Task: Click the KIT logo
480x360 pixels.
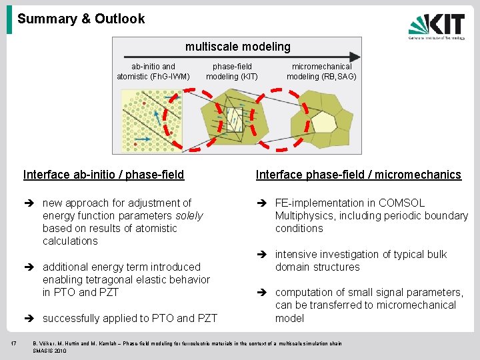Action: coord(437,27)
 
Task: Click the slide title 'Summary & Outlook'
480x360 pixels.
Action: coord(81,19)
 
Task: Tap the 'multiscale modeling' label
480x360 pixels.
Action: coord(237,47)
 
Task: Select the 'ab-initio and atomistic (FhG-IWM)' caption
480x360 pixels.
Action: coord(153,71)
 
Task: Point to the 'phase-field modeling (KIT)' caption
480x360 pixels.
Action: coord(231,71)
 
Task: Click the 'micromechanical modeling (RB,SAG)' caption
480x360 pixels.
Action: coord(321,71)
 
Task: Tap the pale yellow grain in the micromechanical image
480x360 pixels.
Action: coord(324,123)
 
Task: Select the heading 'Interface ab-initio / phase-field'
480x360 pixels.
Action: coord(103,175)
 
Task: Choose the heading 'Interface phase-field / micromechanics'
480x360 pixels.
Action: coord(358,175)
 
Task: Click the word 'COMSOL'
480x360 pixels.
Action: coord(401,203)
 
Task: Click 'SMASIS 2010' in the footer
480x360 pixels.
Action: coord(51,351)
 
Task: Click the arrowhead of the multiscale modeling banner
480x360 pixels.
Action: coord(356,58)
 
